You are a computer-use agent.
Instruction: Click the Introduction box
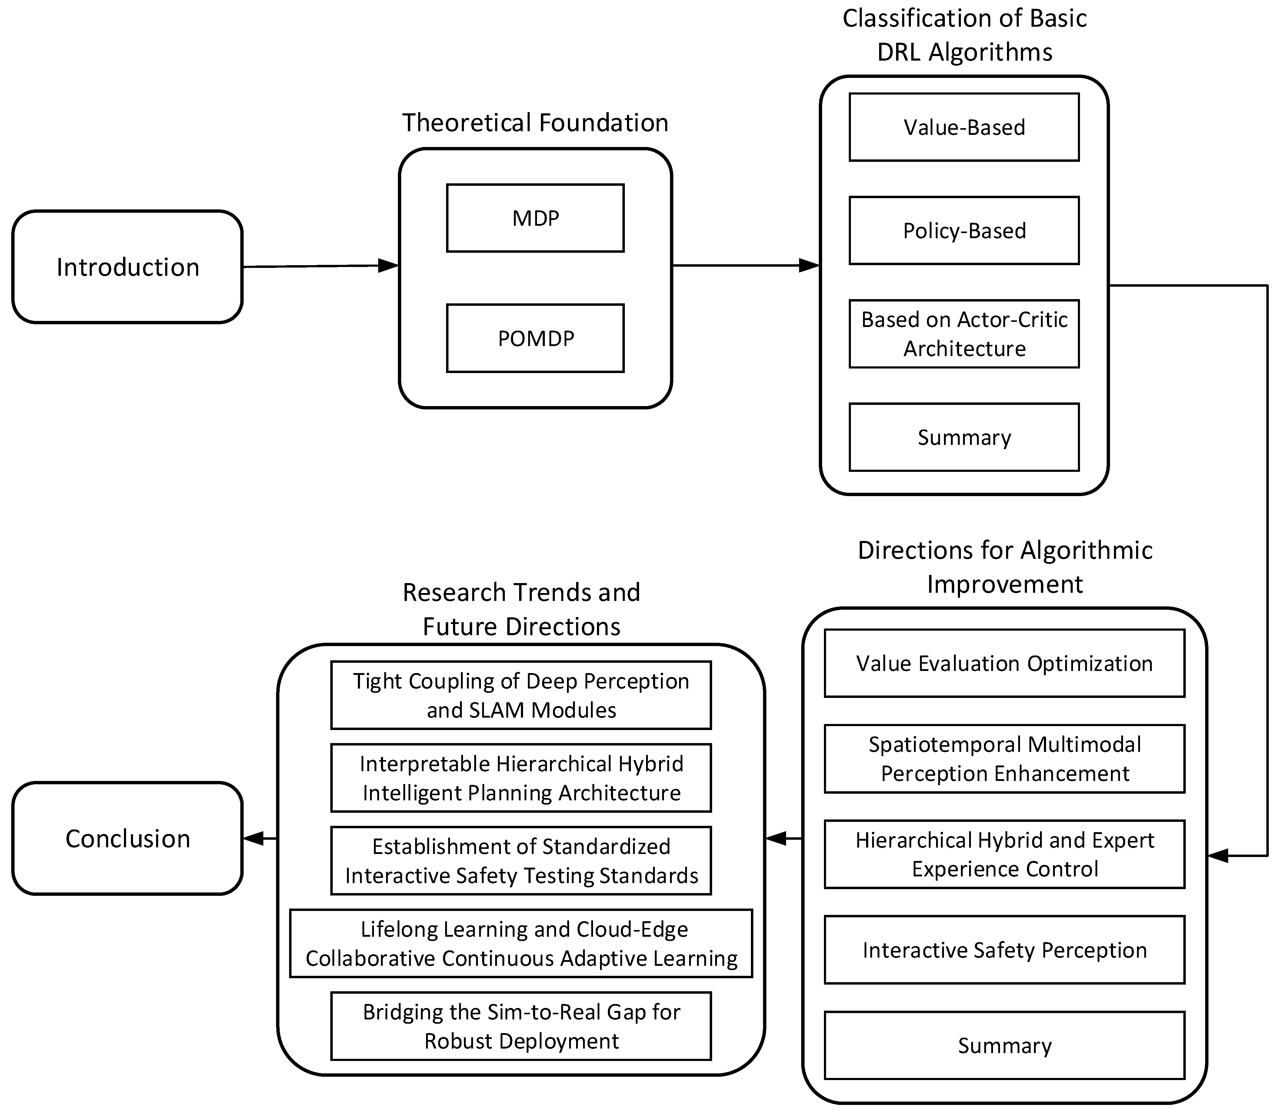pos(128,267)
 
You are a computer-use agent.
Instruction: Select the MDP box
pos(535,218)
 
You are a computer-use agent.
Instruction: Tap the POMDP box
pos(535,338)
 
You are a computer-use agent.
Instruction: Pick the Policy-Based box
pos(964,231)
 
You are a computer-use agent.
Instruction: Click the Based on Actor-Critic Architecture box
pos(964,334)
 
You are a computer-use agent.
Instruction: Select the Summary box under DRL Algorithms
pos(964,437)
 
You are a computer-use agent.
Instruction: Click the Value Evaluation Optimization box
pos(1005,663)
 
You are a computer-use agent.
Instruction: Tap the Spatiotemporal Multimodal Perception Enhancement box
pos(1005,759)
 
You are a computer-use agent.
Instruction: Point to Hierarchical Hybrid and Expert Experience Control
pos(1005,854)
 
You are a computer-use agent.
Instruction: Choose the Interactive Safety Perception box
pos(1005,950)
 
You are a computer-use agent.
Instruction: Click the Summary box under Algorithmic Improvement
pos(1005,1046)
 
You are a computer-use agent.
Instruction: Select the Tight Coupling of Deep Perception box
pos(521,695)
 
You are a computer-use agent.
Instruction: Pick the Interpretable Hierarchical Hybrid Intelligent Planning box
pos(521,778)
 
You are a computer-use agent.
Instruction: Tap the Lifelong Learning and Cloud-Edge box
pos(521,943)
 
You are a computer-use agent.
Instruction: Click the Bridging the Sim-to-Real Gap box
pos(521,1026)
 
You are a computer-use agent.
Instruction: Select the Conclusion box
pos(128,839)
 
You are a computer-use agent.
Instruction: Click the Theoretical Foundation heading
pos(535,122)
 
